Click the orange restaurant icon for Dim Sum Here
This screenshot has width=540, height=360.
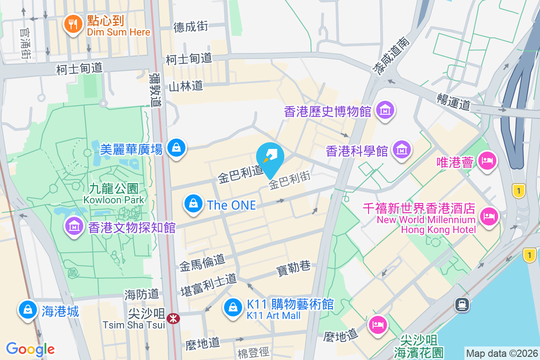coord(72,24)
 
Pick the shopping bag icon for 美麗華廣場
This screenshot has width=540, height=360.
coord(176,148)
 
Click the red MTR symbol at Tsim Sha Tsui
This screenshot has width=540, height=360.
coord(172,319)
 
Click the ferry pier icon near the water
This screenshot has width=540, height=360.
coord(463,305)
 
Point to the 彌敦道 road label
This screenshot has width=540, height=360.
coord(156,90)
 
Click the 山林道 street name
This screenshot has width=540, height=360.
coord(185,86)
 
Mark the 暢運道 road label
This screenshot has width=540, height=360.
coord(453,101)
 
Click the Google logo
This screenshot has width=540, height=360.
coord(31,349)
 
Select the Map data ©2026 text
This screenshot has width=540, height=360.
coord(501,353)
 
